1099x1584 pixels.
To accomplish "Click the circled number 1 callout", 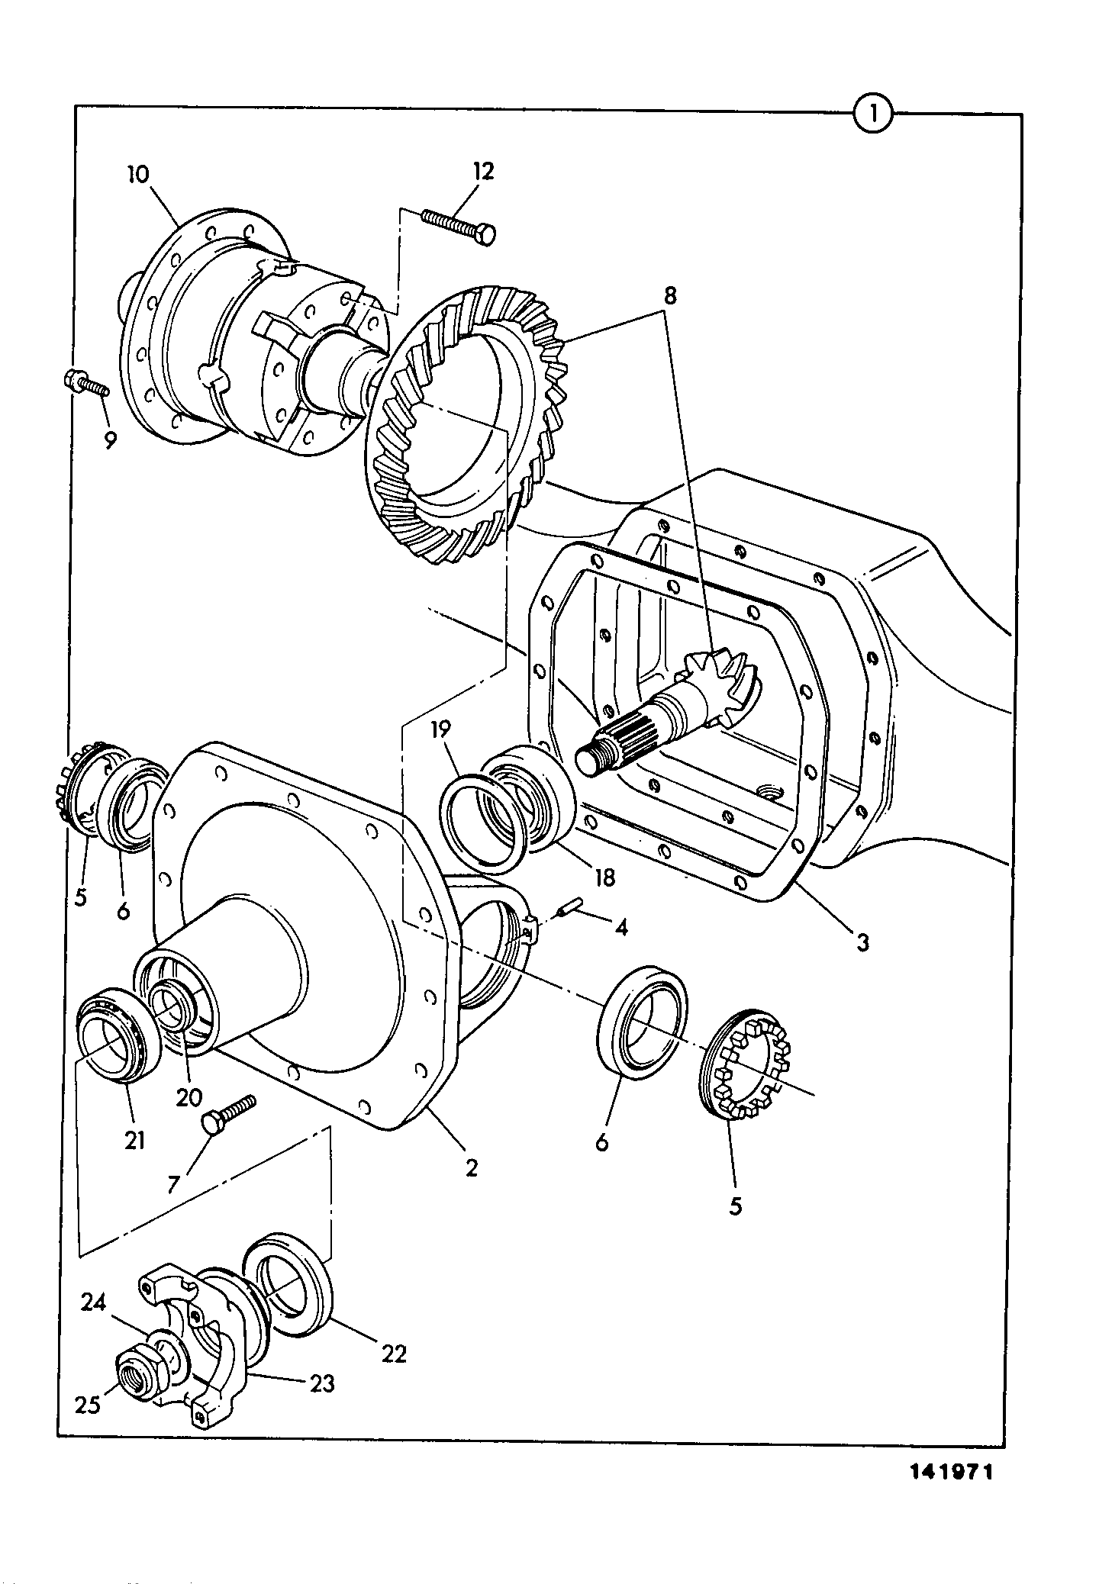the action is click(872, 114).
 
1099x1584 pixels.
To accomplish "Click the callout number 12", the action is click(483, 170).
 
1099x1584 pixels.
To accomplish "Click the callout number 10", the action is click(140, 174).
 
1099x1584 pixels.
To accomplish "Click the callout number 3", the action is click(862, 943).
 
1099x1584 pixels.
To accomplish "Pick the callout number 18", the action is click(603, 877).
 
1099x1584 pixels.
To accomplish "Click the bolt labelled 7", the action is click(228, 1115).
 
